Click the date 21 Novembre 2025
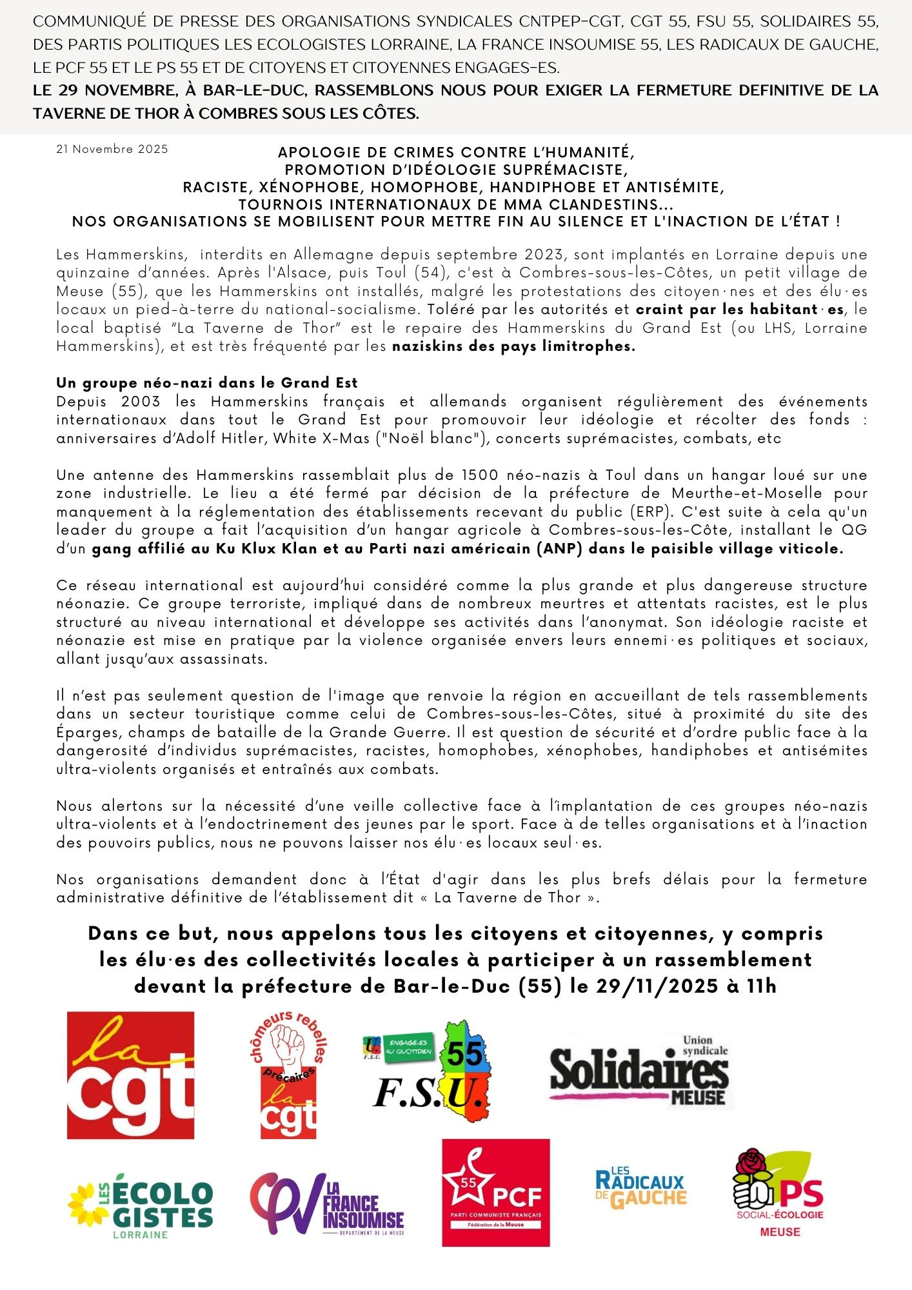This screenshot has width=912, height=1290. pyautogui.click(x=112, y=149)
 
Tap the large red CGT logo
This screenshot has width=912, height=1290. pyautogui.click(x=130, y=1075)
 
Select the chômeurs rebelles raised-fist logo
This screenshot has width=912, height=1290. pyautogui.click(x=288, y=1075)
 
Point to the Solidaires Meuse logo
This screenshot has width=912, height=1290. pyautogui.click(x=639, y=1070)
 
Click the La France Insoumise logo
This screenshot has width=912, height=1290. pyautogui.click(x=326, y=1204)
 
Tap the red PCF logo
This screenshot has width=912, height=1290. pyautogui.click(x=495, y=1193)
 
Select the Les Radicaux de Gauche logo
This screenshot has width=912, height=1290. pyautogui.click(x=640, y=1188)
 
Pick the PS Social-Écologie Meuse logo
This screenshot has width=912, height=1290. pyautogui.click(x=778, y=1193)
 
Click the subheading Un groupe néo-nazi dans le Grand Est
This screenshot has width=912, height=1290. pyautogui.click(x=206, y=382)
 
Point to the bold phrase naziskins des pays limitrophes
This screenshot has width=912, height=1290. pyautogui.click(x=513, y=346)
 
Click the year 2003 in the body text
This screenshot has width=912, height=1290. pyautogui.click(x=141, y=401)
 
